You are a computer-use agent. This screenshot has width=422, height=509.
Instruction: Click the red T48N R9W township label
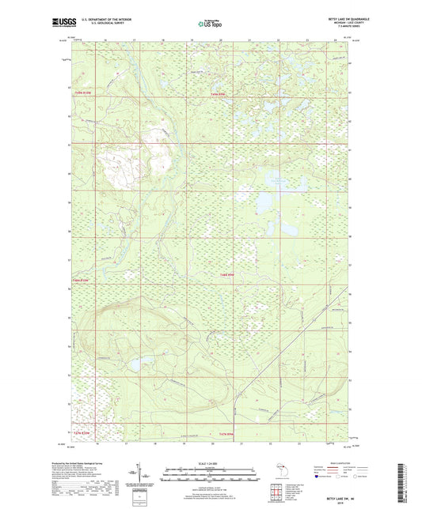227,274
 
